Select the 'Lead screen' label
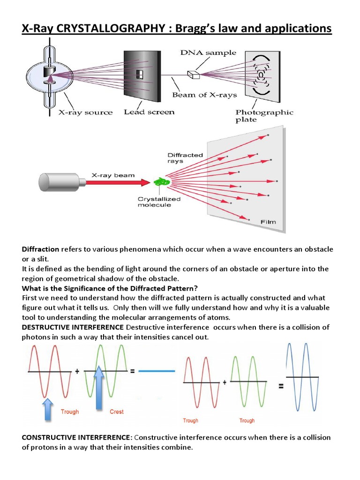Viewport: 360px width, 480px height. [x=149, y=112]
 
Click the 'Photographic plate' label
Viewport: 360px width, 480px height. [x=264, y=115]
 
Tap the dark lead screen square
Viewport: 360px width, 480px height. [x=139, y=74]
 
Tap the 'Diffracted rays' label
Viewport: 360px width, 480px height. [x=185, y=158]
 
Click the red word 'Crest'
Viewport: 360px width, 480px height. [x=116, y=412]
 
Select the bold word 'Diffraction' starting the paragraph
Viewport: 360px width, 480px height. [x=40, y=249]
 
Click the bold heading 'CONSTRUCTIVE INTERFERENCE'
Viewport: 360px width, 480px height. [x=77, y=437]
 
